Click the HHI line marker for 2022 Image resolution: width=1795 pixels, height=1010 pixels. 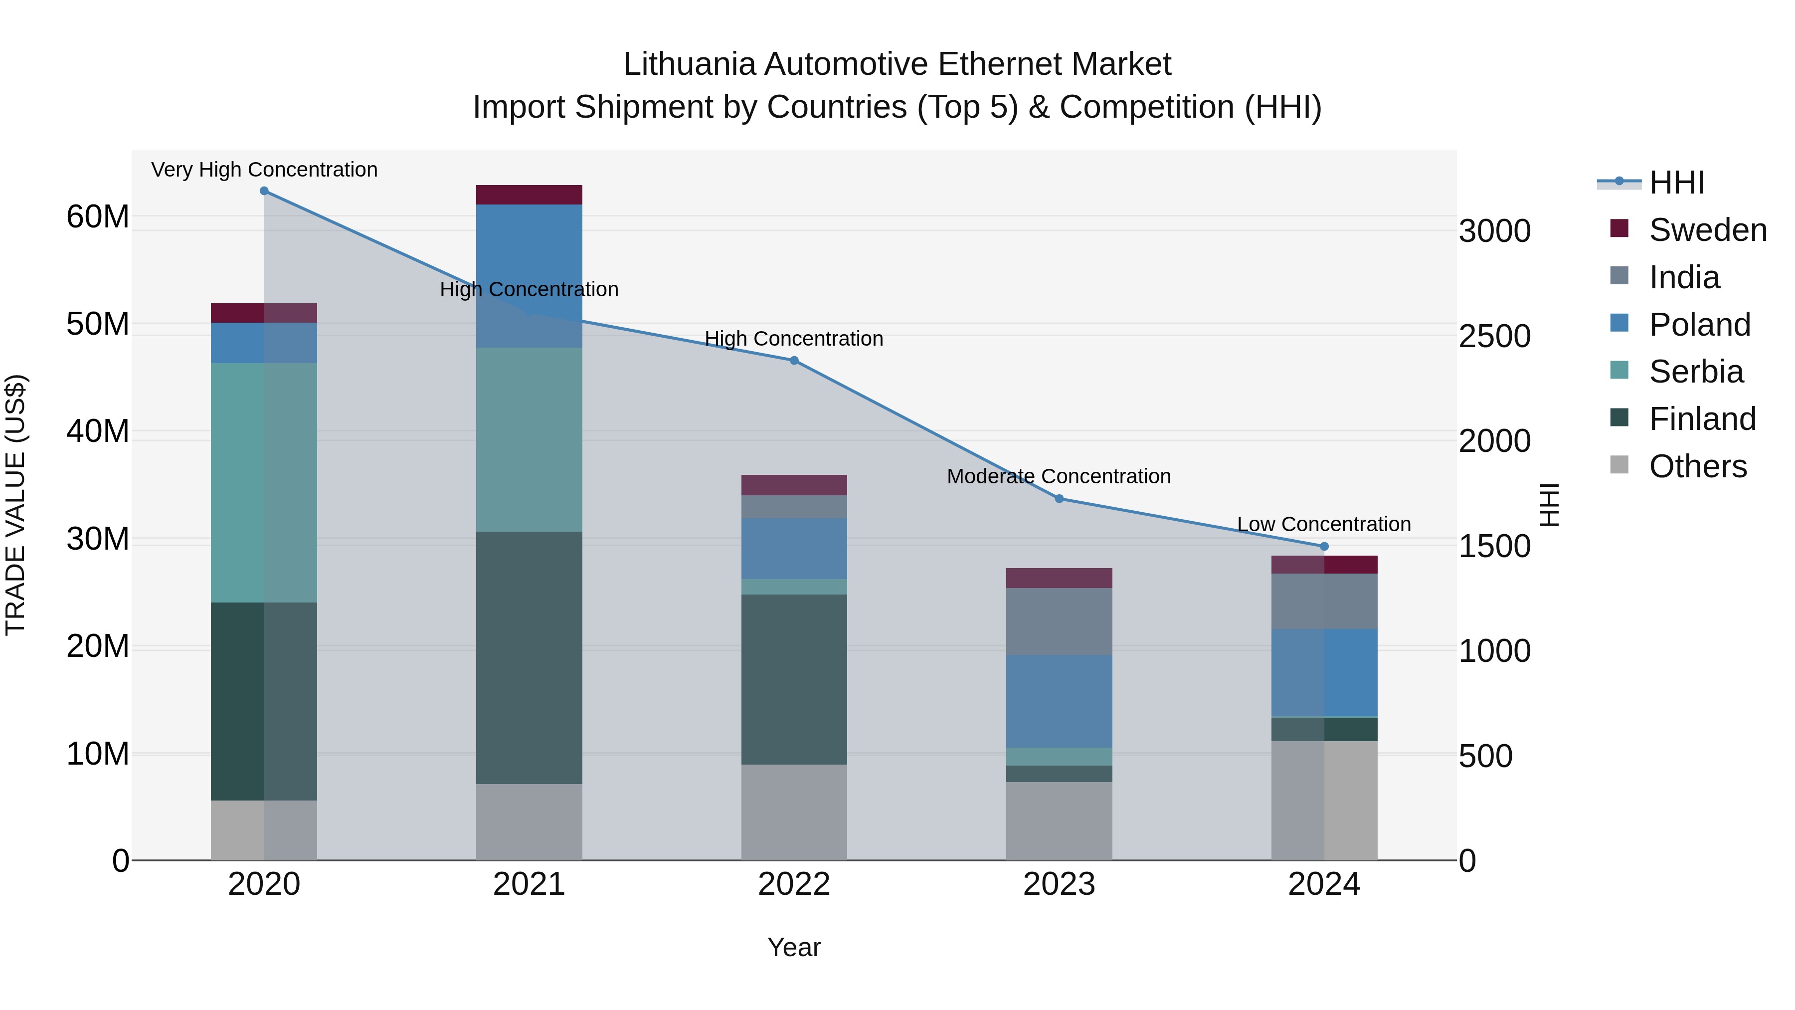[x=794, y=361]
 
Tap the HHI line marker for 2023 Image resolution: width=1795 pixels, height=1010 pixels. [x=1059, y=498]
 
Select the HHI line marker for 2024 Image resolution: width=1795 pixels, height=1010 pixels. [x=1324, y=547]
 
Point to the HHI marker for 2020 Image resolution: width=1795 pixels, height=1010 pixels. [x=264, y=191]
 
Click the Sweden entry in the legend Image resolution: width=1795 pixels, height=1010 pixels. [x=1707, y=230]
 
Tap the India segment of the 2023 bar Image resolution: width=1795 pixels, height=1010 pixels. [x=1059, y=621]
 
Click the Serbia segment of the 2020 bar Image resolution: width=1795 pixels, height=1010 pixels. [x=264, y=482]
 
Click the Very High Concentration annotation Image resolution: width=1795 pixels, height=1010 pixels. [x=264, y=170]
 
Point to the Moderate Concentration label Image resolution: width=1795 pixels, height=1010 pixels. [x=1059, y=476]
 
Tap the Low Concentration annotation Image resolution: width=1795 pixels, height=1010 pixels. [x=1323, y=524]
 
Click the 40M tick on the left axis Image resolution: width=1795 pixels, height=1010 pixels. [x=98, y=431]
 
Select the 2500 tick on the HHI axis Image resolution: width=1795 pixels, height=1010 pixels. [x=1495, y=337]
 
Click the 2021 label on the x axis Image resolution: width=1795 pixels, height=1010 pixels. [x=529, y=884]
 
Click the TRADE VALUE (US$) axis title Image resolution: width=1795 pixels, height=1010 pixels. [x=16, y=505]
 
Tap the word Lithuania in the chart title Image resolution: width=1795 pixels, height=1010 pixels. [x=689, y=64]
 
